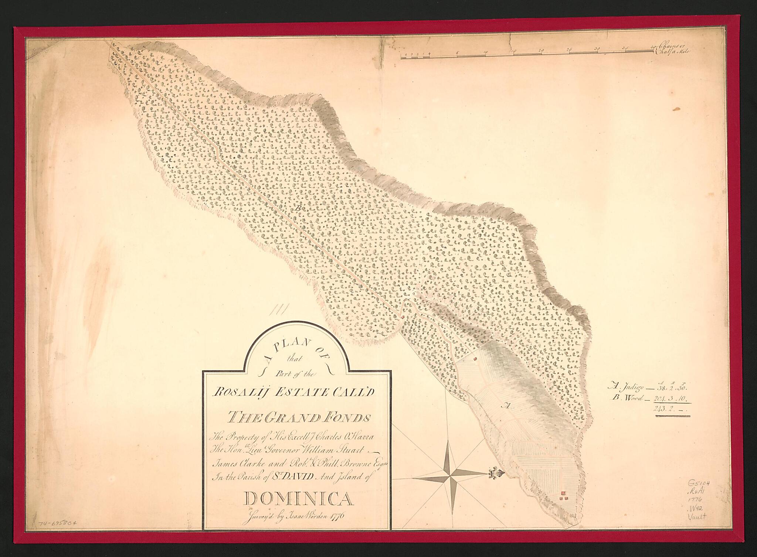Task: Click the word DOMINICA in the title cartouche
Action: [x=298, y=500]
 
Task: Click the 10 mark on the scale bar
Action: [x=485, y=52]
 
